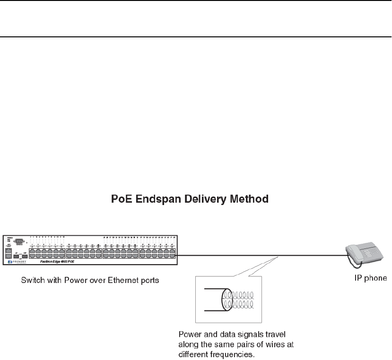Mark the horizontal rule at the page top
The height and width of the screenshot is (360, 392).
point(196,36)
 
